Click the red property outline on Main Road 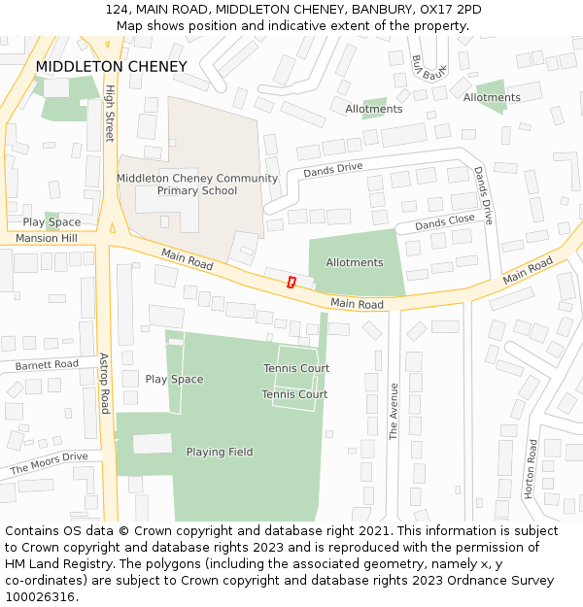coord(291,282)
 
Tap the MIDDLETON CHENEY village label coord(111,67)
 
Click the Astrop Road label coord(105,382)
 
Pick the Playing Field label coord(220,452)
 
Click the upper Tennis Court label coord(296,369)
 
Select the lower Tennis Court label coord(294,394)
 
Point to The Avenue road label coord(394,412)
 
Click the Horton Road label coord(532,469)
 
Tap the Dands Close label coord(445,222)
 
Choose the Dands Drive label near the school coord(332,170)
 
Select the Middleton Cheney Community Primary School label coord(197,185)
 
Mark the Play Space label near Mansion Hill coord(52,222)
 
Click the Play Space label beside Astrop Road coord(174,380)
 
